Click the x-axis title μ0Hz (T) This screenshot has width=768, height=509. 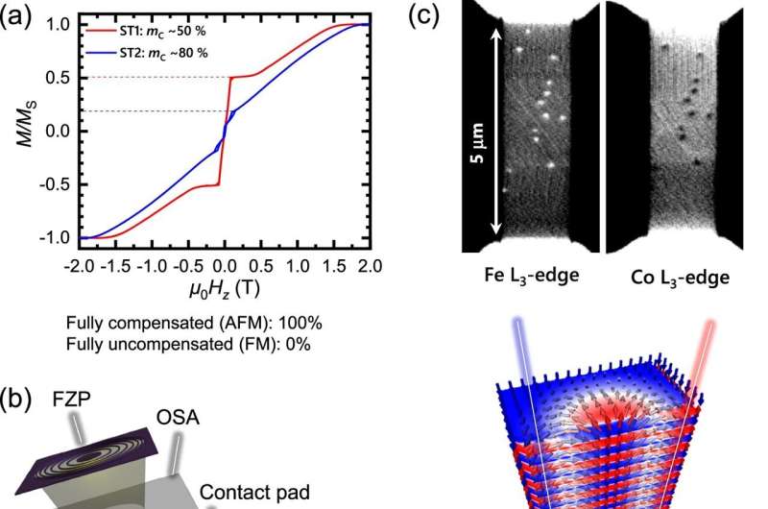click(223, 286)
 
